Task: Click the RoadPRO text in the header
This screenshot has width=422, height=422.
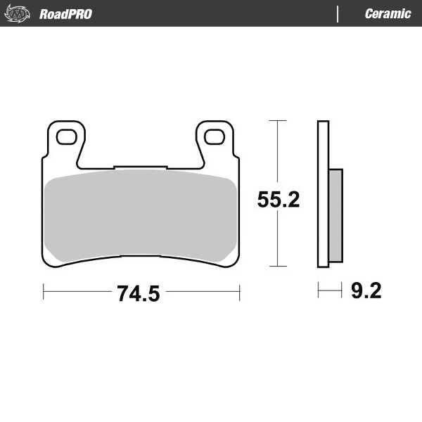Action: [x=65, y=14]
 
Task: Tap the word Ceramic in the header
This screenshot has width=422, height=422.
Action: [x=388, y=14]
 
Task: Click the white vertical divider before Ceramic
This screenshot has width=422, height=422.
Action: [x=338, y=14]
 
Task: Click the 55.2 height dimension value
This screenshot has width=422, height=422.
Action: [x=279, y=200]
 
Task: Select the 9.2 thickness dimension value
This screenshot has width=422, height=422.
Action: [x=366, y=290]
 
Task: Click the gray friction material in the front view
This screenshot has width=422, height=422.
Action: [x=141, y=215]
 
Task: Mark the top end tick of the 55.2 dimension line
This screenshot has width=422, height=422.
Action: [x=279, y=121]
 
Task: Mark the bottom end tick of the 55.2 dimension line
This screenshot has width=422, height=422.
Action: [x=279, y=267]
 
